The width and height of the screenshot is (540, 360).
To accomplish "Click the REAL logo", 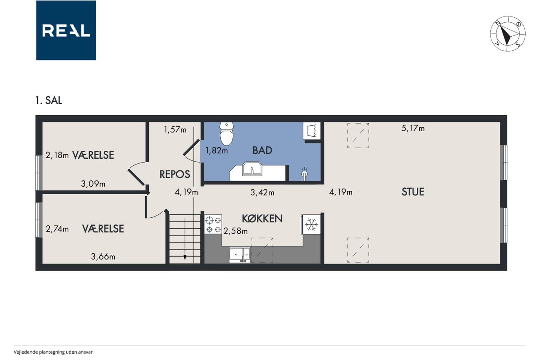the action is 66,30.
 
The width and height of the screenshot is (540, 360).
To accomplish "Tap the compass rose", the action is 508,34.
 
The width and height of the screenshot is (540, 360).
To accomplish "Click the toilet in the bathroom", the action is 227,134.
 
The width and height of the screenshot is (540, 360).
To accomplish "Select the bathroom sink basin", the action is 252,168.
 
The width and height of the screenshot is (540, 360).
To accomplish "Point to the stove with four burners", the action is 213,225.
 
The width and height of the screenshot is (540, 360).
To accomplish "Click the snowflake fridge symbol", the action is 311,225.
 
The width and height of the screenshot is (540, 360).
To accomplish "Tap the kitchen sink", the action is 240,255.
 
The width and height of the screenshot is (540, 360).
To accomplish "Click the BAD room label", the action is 262,151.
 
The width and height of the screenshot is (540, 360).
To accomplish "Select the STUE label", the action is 413,192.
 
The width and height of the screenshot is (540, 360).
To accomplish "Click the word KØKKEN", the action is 262,219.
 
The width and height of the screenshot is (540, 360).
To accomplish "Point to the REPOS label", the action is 175,174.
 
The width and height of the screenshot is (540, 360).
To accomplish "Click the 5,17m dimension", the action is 413,128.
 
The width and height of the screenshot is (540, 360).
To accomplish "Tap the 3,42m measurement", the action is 262,192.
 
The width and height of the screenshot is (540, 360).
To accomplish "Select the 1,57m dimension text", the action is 175,130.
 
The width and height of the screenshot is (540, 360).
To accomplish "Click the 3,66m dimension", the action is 103,256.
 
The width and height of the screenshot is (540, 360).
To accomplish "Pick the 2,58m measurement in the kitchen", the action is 235,231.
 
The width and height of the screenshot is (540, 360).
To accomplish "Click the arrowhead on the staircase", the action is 185,257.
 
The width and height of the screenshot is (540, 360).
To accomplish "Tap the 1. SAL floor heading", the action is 49,100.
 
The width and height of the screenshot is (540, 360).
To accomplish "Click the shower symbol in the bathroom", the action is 305,173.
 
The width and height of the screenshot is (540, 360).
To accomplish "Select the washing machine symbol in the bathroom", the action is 312,131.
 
